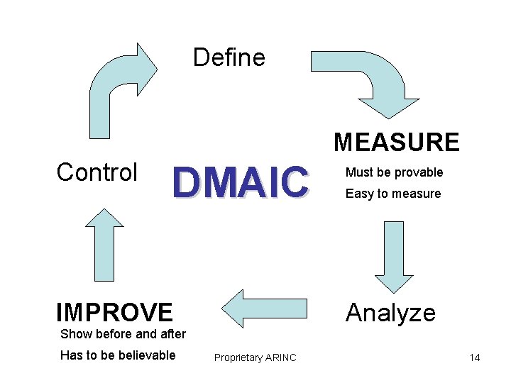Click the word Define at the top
coord(229,57)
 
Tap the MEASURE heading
coord(397,143)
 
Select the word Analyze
coord(390,312)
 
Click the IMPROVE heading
coord(114,312)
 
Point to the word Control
coord(97,172)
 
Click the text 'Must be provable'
coord(394,172)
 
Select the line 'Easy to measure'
coord(393,194)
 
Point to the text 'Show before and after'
coord(123,334)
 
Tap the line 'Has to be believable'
coord(118,355)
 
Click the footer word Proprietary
coord(238,358)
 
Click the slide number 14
coord(474,357)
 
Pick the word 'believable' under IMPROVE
coord(148,355)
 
